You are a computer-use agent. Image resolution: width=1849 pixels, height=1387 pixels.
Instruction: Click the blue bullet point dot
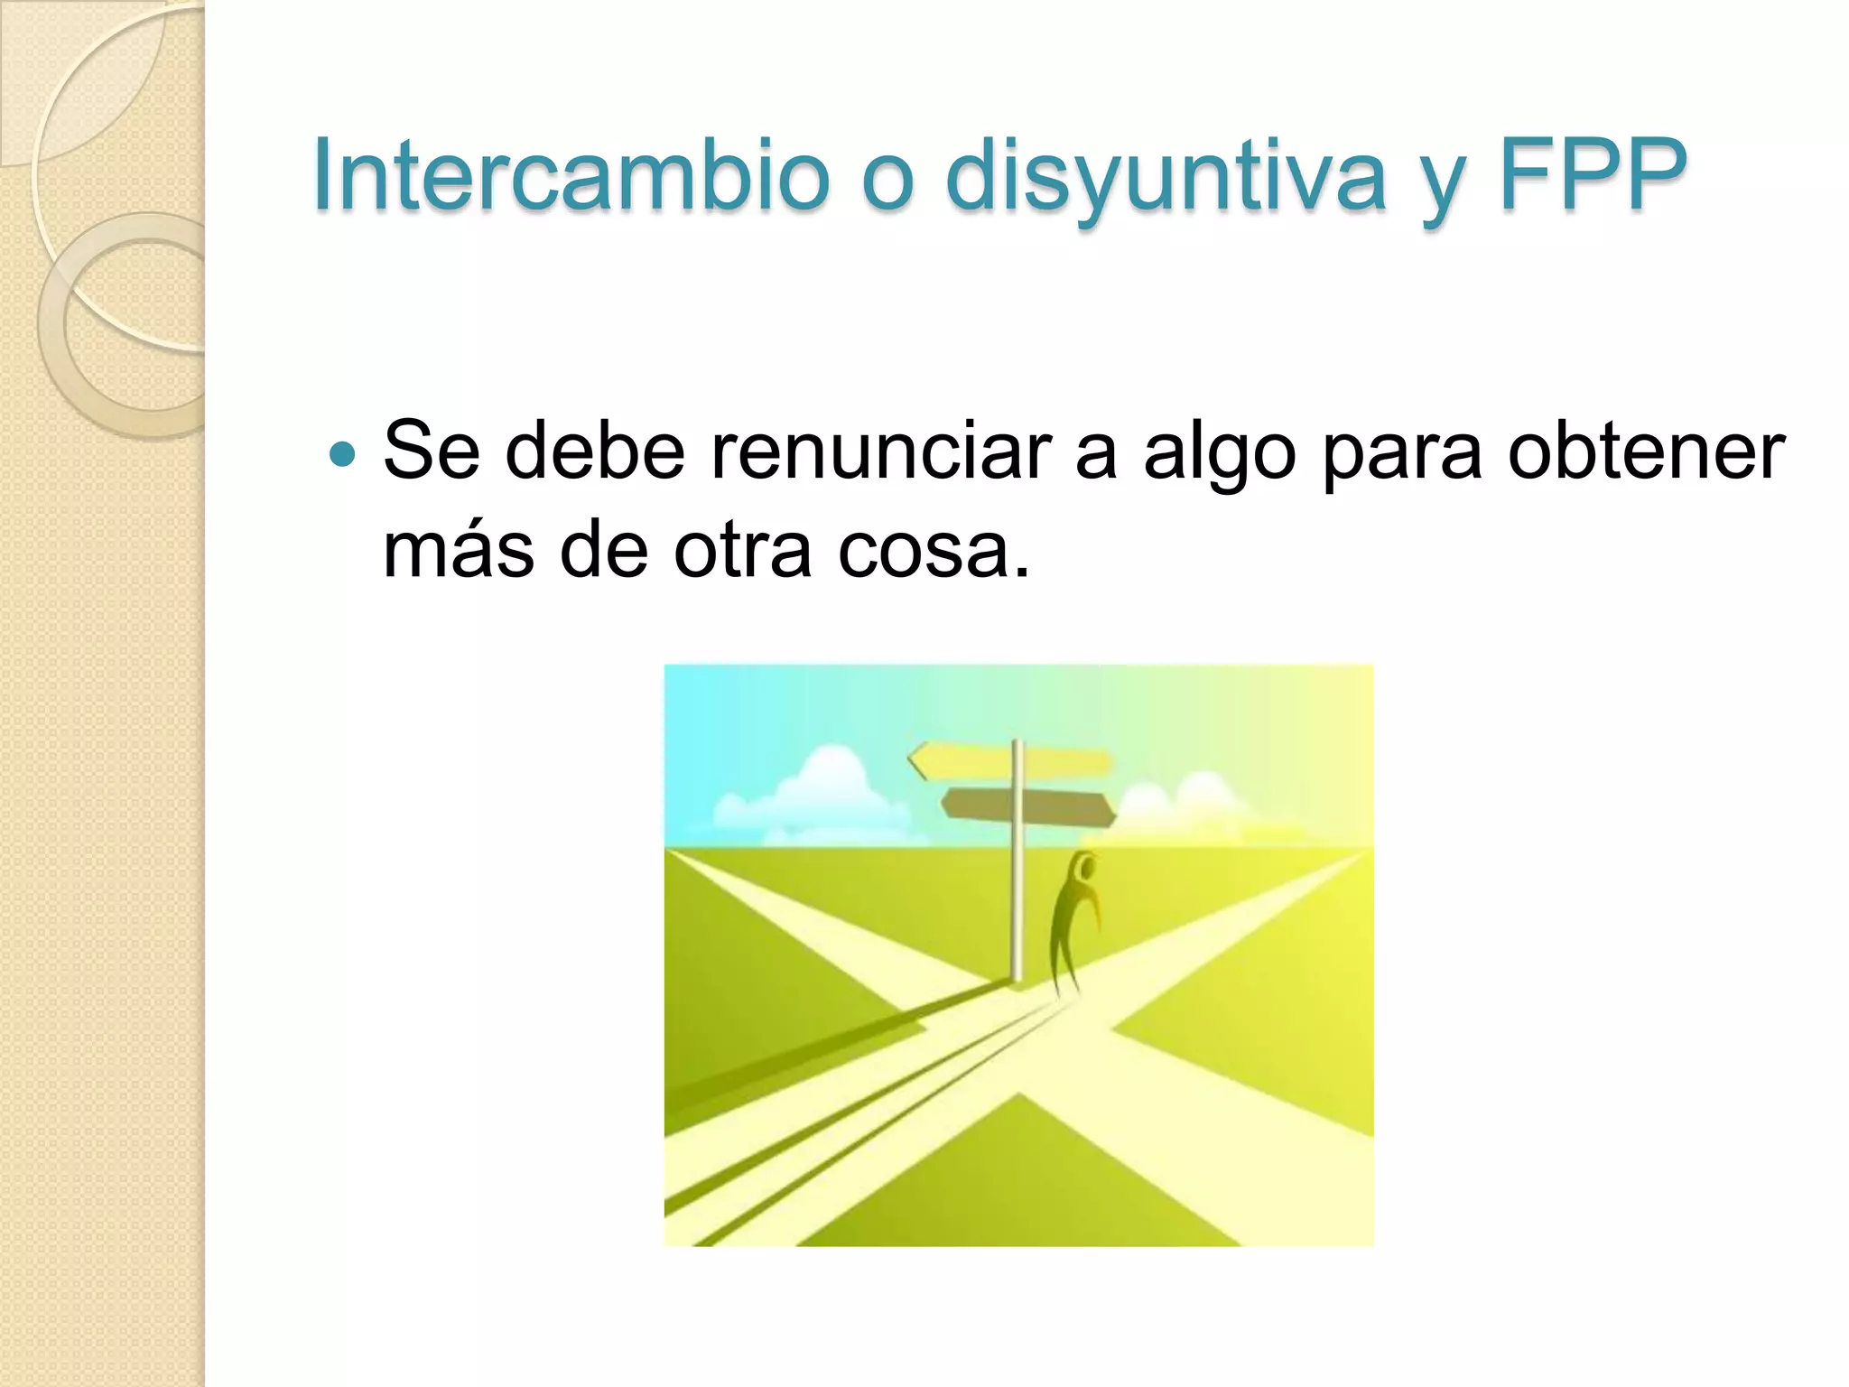pyautogui.click(x=343, y=454)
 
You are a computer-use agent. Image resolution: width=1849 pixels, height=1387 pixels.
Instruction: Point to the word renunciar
pyautogui.click(x=880, y=451)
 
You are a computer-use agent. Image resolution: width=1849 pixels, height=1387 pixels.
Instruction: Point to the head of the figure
pyautogui.click(x=1083, y=870)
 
